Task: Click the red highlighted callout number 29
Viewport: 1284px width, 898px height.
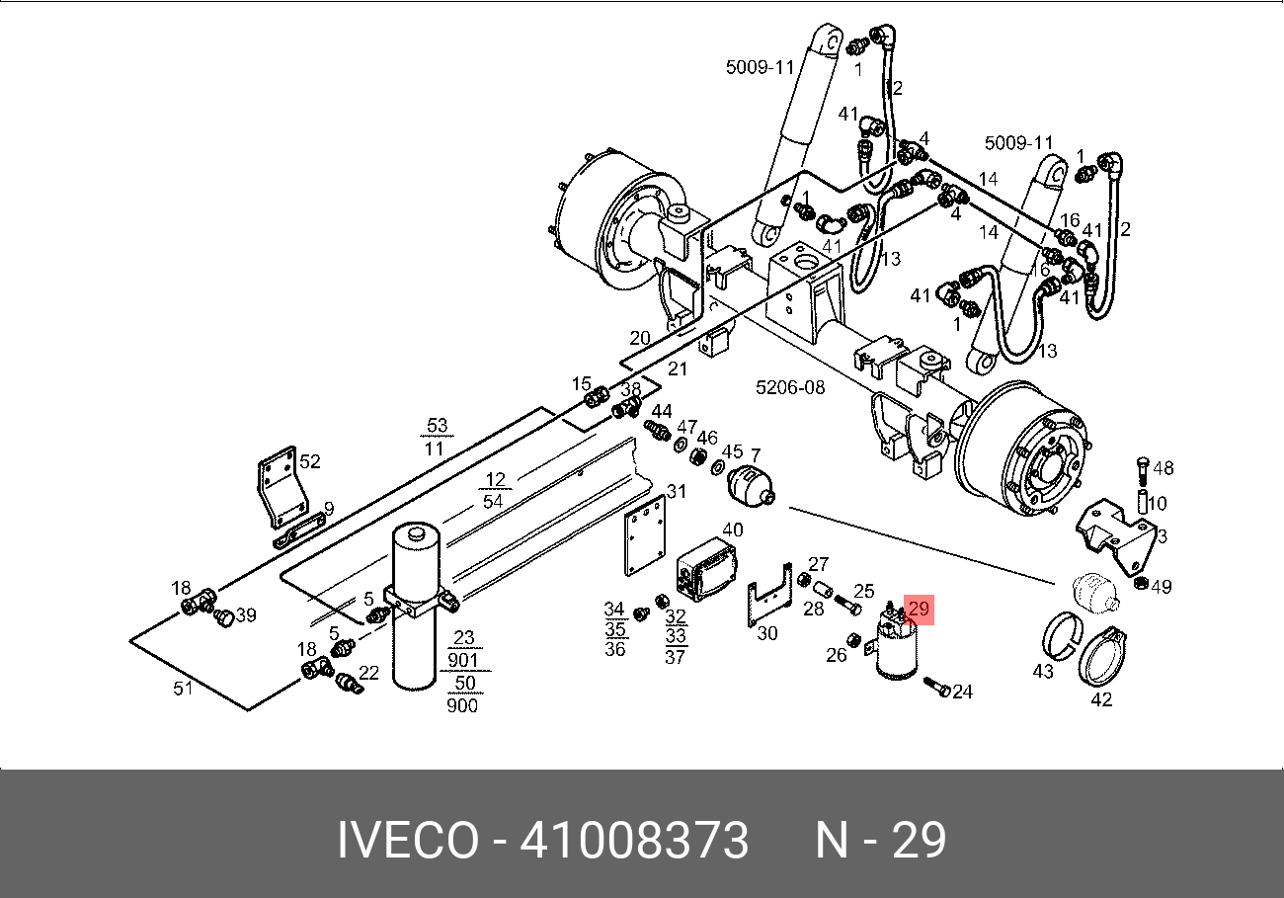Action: tap(919, 609)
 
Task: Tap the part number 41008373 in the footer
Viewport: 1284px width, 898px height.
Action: tap(634, 840)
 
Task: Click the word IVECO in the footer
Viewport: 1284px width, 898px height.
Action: tap(408, 840)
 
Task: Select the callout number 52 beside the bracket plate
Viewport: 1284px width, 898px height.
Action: tap(309, 461)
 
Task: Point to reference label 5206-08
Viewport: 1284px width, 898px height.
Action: tap(790, 387)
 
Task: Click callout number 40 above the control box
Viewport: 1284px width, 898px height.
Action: tap(733, 530)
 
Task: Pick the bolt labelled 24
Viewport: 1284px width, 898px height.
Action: tap(937, 687)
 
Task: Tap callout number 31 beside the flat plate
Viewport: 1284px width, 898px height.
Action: tap(677, 491)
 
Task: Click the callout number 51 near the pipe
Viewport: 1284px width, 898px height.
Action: tap(183, 689)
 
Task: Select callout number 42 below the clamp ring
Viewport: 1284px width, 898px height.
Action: tap(1101, 699)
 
